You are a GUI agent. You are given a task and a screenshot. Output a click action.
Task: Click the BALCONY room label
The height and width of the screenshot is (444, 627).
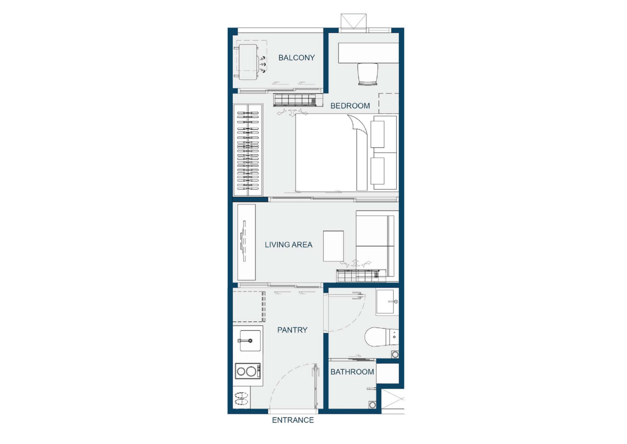click(x=296, y=58)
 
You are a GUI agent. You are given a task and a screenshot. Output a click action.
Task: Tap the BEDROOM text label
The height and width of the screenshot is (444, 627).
click(x=350, y=106)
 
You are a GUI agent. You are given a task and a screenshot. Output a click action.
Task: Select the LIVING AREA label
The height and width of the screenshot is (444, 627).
click(x=288, y=245)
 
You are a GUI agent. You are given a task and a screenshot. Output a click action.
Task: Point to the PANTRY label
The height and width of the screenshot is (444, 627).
click(x=292, y=330)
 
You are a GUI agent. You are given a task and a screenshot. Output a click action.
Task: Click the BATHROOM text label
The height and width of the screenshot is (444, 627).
click(x=352, y=372)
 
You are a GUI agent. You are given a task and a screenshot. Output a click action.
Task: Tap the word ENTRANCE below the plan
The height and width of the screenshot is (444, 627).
click(x=293, y=420)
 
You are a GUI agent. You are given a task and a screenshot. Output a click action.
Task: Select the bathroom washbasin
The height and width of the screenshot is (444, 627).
click(x=387, y=302)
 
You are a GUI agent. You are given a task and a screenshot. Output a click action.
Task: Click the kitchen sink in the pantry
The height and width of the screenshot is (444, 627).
click(x=250, y=341)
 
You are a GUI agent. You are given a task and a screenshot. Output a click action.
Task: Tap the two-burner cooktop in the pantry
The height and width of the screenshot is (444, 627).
click(x=248, y=371)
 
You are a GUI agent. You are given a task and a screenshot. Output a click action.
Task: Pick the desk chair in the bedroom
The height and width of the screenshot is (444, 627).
click(x=368, y=74)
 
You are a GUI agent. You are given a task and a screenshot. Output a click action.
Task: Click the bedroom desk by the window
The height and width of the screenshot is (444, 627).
click(x=368, y=53)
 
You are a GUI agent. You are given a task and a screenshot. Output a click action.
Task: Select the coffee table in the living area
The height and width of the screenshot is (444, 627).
click(x=334, y=246)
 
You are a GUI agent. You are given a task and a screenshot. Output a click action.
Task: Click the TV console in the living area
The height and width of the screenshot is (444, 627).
click(x=246, y=242)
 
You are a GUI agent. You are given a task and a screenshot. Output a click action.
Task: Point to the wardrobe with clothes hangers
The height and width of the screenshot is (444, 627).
click(x=248, y=150)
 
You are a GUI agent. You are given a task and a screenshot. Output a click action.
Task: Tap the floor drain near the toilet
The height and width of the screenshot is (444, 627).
click(x=395, y=354)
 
